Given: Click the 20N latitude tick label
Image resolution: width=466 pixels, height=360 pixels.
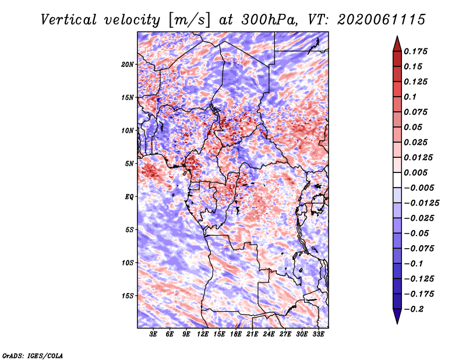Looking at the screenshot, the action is (128, 64).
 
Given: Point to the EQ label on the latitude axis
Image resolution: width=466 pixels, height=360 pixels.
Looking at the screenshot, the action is (129, 197).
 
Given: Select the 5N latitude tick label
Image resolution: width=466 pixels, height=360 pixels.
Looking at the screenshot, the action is (129, 164).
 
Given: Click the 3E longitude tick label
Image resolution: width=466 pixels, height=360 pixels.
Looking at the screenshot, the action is (153, 334).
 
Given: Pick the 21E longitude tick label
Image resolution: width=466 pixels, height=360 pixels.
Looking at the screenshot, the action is (252, 334).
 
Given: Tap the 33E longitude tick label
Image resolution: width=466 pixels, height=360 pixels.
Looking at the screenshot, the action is (318, 334).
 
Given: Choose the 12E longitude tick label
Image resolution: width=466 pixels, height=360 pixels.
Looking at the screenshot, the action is (203, 334).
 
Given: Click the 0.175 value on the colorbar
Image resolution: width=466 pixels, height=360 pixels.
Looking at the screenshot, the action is (415, 51).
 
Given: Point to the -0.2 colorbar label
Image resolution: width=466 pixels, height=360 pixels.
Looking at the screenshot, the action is (414, 309).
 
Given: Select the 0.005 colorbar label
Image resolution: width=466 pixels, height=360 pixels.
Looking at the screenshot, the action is (415, 172).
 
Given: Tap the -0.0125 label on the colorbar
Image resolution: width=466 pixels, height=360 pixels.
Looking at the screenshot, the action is (421, 203).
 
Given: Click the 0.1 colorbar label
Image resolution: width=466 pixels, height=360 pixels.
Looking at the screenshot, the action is (410, 97).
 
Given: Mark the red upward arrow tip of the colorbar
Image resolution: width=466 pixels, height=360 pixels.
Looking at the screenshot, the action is (397, 36).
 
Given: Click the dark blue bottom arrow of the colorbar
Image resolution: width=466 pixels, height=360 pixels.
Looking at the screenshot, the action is (397, 316).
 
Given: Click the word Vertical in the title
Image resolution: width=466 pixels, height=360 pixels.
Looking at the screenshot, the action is (69, 20).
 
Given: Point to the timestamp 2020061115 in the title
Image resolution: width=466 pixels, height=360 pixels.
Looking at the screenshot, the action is (382, 20).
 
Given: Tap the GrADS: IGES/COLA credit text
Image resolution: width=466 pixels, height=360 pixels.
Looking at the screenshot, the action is (33, 355).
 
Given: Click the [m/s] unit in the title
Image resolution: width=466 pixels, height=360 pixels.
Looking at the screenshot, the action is (189, 20).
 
